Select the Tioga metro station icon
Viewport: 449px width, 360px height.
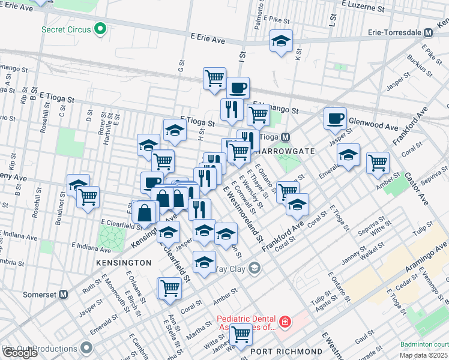coord(286,137)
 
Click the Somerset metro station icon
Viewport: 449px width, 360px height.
coord(62,294)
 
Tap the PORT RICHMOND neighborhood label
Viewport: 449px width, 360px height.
coord(286,352)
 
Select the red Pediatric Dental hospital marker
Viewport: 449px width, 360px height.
coord(285,322)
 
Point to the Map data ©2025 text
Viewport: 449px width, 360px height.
coord(423,355)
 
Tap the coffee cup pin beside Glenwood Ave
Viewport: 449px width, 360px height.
coord(335,118)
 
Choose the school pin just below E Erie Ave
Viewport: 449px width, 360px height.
coord(281,41)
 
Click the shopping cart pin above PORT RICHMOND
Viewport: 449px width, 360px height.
coord(241,334)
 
